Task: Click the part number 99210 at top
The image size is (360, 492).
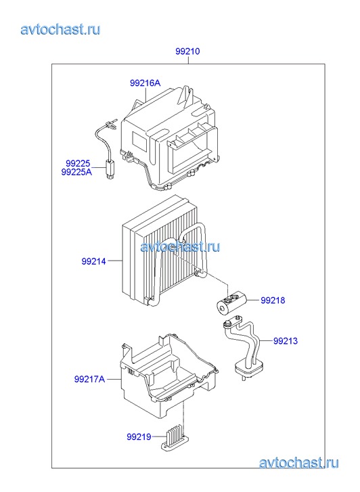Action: pyautogui.click(x=187, y=51)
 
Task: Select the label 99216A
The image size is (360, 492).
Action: pyautogui.click(x=145, y=83)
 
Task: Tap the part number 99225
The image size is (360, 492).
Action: pyautogui.click(x=78, y=163)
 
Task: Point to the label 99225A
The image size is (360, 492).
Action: pyautogui.click(x=76, y=172)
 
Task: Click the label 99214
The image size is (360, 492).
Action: pyautogui.click(x=93, y=261)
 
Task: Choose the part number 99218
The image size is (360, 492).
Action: pyautogui.click(x=273, y=300)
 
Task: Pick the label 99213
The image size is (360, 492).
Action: pyautogui.click(x=286, y=341)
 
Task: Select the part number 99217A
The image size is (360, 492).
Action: pyautogui.click(x=89, y=379)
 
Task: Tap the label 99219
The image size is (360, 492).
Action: pyautogui.click(x=139, y=437)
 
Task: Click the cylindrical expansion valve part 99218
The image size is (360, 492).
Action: pyautogui.click(x=231, y=302)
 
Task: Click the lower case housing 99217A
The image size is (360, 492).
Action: pyautogui.click(x=168, y=376)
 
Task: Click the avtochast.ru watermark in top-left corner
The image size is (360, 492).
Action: pyautogui.click(x=60, y=30)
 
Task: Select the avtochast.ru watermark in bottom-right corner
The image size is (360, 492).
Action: pyautogui.click(x=298, y=463)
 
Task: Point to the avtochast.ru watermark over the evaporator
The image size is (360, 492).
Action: pyautogui.click(x=180, y=246)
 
